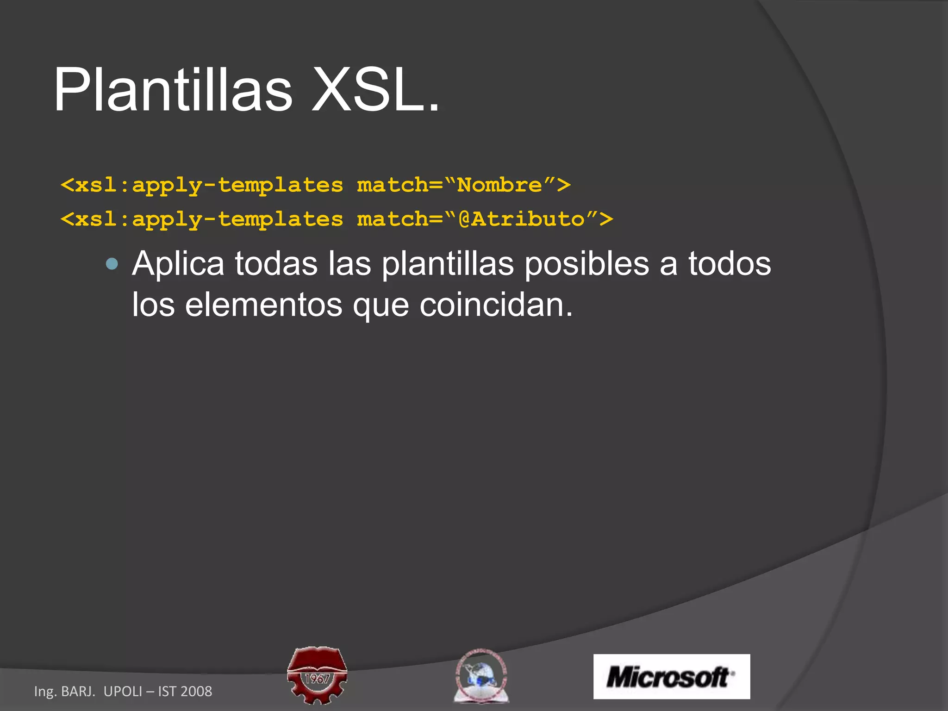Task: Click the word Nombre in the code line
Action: [x=499, y=185]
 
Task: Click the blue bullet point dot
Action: [x=112, y=264]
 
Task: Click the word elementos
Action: [x=263, y=305]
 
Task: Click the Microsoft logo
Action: [x=671, y=676]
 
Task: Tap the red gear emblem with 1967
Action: [x=317, y=675]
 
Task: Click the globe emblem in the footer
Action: [x=481, y=676]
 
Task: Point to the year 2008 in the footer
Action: [x=196, y=691]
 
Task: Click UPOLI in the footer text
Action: [x=123, y=691]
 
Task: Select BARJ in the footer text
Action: [x=78, y=691]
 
